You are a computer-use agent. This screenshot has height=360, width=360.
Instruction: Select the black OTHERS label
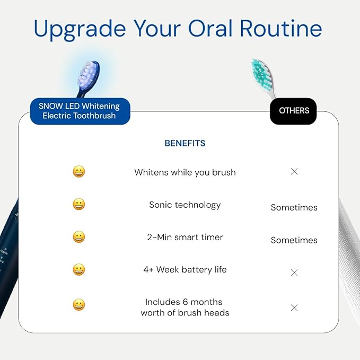pos(294,111)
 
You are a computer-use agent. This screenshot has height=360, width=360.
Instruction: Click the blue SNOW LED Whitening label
pos(80,111)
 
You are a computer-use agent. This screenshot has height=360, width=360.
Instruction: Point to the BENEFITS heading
pos(185,143)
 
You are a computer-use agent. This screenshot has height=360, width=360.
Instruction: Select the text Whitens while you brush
pos(185,172)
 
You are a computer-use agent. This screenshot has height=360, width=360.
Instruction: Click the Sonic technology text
pos(185,205)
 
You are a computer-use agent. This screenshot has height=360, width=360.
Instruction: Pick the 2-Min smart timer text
pos(185,237)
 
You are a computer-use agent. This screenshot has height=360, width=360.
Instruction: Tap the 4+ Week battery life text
pos(185,269)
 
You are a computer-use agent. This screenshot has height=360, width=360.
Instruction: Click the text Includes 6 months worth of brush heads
pos(185,307)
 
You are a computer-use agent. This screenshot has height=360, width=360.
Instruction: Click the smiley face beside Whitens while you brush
pos(79,172)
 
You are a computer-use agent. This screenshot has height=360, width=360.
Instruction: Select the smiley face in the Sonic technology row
pos(79,204)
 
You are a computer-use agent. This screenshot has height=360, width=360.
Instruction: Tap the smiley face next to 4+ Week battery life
pos(79,269)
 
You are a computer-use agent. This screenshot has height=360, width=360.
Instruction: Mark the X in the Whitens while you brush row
pos(294,172)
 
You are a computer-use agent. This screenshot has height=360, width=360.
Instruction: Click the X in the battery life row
pos(294,273)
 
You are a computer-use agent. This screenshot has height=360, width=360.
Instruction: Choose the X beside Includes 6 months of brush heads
pos(294,308)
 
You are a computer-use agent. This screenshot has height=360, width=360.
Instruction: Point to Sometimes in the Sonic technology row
pos(294,207)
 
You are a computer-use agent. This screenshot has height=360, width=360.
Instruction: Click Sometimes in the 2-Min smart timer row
pos(294,240)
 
